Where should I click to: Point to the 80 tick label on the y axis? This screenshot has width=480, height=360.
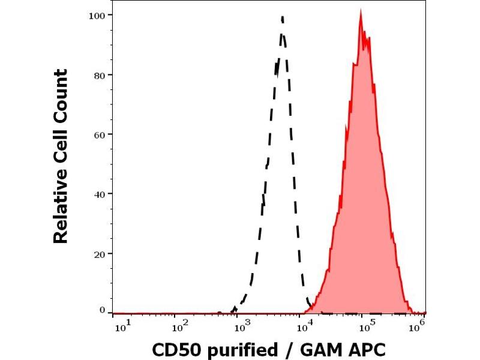(x=99, y=75)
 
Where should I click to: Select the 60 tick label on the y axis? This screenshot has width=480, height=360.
(x=99, y=134)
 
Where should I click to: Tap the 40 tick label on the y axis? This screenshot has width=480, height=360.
(x=99, y=194)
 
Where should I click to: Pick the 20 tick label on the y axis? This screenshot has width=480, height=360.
(x=99, y=254)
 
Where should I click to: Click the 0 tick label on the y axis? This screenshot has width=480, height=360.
(x=102, y=310)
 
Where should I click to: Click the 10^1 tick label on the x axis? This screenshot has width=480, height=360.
(x=120, y=326)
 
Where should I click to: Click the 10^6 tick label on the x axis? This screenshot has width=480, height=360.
(x=418, y=325)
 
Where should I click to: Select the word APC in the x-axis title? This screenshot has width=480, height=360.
(x=362, y=350)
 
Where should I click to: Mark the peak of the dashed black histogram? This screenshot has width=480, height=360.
(x=282, y=17)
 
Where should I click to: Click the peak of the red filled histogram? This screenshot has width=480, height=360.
(x=361, y=11)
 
